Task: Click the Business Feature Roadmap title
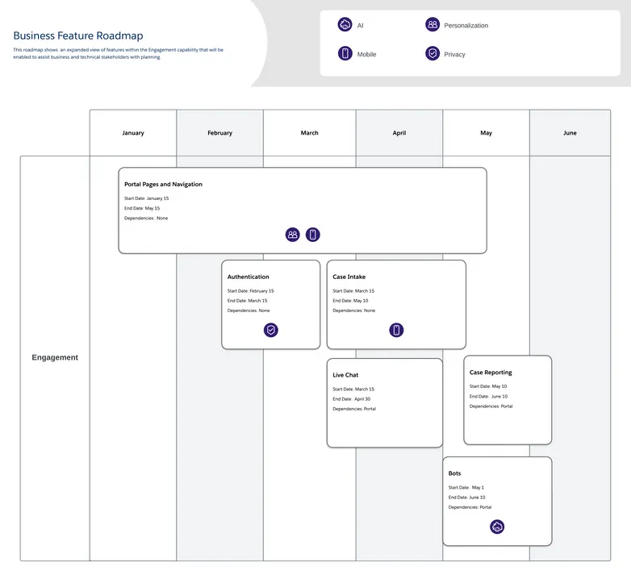coord(78,35)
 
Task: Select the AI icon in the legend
coord(345,25)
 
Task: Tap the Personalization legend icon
coord(433,25)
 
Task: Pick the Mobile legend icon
coord(345,54)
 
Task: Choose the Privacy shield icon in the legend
coord(433,54)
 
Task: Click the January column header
coord(133,133)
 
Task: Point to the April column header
coord(399,133)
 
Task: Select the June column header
coord(570,133)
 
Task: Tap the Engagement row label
coord(55,357)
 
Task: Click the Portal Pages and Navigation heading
coord(163,185)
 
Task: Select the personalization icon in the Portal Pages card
coord(293,235)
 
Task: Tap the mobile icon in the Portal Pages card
coord(313,235)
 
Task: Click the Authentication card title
coord(249,277)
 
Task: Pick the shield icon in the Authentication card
coord(271,330)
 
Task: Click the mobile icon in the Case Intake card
coord(396,330)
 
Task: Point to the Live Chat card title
coord(345,376)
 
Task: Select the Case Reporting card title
coord(491,373)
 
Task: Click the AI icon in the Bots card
coord(497,527)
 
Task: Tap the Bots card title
coord(455,473)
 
